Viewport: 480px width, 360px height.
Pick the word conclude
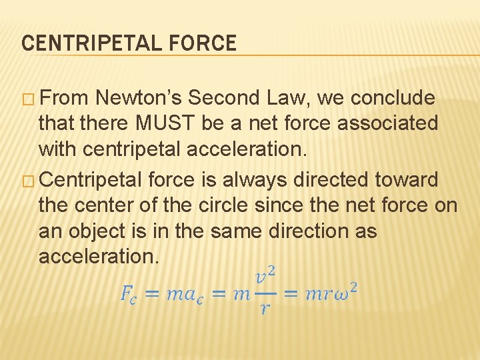click(393, 98)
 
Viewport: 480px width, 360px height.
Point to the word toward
click(413, 179)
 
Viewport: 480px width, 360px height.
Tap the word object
click(99, 231)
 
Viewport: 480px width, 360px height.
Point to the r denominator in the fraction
click(265, 309)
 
